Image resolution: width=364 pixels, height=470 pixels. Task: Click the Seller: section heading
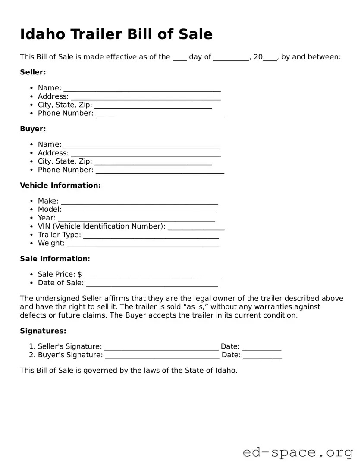(x=33, y=72)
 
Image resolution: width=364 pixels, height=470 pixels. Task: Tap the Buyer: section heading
(x=33, y=129)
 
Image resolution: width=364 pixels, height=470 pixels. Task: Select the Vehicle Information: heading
(x=60, y=186)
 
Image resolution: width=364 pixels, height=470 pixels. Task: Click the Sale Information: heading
(x=55, y=259)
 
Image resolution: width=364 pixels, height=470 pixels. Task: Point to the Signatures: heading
(x=43, y=331)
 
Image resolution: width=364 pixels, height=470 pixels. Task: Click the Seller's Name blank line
(x=142, y=89)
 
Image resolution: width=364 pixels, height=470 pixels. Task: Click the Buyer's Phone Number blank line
(x=160, y=171)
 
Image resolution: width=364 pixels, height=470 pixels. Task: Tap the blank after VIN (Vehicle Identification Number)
(x=196, y=227)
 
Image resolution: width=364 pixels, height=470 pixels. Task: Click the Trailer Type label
(x=59, y=235)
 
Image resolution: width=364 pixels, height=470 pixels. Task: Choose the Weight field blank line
(x=143, y=244)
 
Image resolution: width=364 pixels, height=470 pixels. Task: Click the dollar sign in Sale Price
(x=80, y=275)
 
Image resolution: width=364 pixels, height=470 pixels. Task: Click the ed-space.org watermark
(x=298, y=452)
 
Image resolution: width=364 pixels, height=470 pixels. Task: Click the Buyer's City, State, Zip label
(x=65, y=161)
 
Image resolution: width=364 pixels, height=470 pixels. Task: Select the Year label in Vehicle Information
(x=46, y=218)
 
